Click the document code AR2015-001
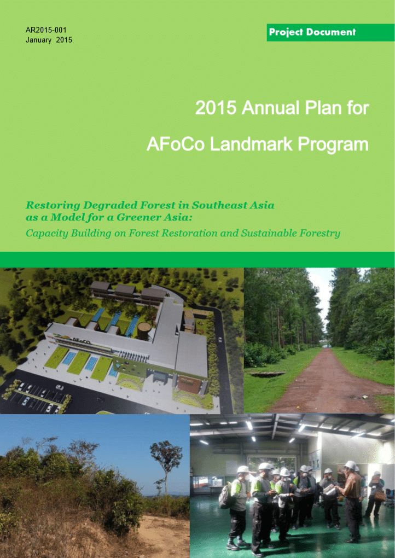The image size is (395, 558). click(x=46, y=30)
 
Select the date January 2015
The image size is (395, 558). click(x=49, y=40)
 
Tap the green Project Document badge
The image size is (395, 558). click(x=330, y=32)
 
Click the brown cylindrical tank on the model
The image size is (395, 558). click(x=144, y=331)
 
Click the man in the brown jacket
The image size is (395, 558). click(x=351, y=501)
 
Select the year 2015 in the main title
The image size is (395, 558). click(x=216, y=107)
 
